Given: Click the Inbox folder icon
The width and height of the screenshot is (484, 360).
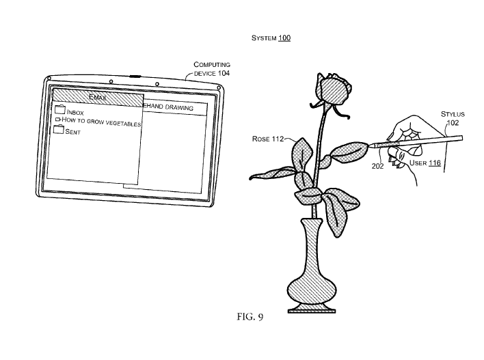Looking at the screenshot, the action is pyautogui.click(x=60, y=109).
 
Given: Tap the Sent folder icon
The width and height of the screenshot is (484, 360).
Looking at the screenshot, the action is pyautogui.click(x=58, y=129).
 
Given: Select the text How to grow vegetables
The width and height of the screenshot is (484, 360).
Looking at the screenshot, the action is pyautogui.click(x=101, y=122).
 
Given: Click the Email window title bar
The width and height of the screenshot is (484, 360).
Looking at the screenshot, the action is pyautogui.click(x=98, y=98).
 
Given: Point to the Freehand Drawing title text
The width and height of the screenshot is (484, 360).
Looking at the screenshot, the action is pyautogui.click(x=169, y=107).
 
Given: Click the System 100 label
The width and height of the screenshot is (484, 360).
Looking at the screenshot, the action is pyautogui.click(x=271, y=38).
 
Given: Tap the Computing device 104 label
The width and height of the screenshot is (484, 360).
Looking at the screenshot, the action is pyautogui.click(x=212, y=69).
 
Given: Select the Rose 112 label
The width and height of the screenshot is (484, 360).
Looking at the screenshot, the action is pyautogui.click(x=267, y=139).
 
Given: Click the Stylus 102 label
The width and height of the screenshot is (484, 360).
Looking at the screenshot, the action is pyautogui.click(x=453, y=118).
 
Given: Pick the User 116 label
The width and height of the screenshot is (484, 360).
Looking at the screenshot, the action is pyautogui.click(x=425, y=163).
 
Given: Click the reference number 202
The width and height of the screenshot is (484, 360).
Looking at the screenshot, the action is pyautogui.click(x=377, y=166).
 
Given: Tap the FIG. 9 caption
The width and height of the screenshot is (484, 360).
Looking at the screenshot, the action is pyautogui.click(x=250, y=317).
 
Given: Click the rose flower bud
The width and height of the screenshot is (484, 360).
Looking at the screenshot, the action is pyautogui.click(x=333, y=89).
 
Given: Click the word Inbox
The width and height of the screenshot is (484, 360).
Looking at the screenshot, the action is pyautogui.click(x=75, y=113).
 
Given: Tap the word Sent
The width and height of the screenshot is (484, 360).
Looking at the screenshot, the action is pyautogui.click(x=73, y=132).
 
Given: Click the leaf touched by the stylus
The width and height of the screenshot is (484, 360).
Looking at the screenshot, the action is pyautogui.click(x=349, y=152).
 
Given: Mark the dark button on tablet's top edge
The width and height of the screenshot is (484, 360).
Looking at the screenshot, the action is pyautogui.click(x=135, y=77).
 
